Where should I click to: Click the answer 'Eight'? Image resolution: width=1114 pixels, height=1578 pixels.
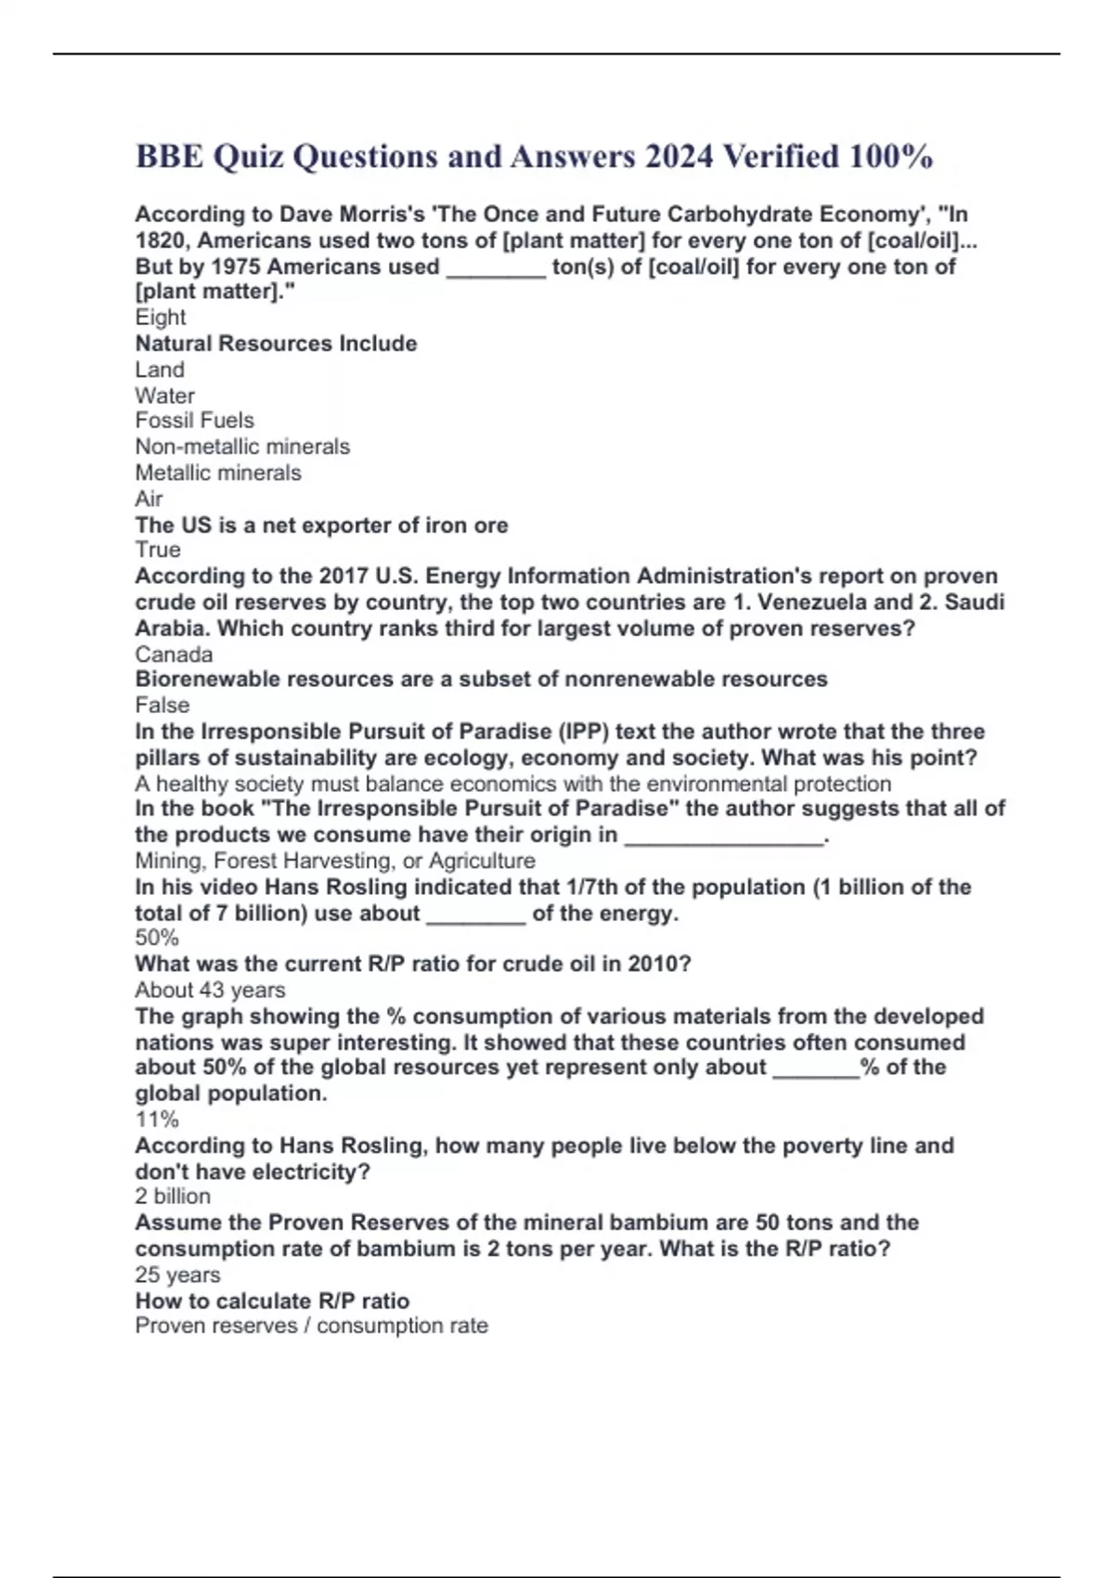(161, 317)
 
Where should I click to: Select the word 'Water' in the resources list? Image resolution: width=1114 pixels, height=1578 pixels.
(165, 395)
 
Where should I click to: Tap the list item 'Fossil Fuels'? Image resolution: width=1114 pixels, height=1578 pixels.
(194, 420)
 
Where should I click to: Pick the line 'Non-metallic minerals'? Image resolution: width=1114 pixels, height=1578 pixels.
(242, 446)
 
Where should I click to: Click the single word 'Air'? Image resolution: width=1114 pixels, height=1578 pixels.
(149, 498)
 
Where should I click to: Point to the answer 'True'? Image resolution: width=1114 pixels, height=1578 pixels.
(158, 550)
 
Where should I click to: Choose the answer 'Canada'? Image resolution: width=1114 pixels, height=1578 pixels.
(174, 654)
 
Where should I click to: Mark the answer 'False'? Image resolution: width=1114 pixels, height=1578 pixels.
(162, 705)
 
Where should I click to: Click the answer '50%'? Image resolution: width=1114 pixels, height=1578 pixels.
(157, 938)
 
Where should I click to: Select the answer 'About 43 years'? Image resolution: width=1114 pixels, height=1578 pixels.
(210, 990)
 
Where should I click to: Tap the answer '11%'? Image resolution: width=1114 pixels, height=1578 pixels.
(157, 1119)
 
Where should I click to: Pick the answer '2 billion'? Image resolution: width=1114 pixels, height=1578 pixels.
(173, 1196)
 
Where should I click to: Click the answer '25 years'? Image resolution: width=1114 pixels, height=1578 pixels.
(177, 1275)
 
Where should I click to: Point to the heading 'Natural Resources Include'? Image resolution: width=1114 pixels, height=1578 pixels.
(276, 343)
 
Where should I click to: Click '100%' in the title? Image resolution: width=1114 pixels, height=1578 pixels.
(890, 156)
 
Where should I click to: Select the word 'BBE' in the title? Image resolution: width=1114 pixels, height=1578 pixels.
(169, 156)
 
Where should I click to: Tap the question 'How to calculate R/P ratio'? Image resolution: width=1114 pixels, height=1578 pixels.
(272, 1300)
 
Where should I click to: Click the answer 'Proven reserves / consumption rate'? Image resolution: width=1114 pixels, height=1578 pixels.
(311, 1326)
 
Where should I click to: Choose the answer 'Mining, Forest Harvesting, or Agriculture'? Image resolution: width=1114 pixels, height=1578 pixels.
(335, 860)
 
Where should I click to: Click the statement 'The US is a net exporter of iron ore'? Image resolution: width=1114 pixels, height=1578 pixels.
(321, 525)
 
